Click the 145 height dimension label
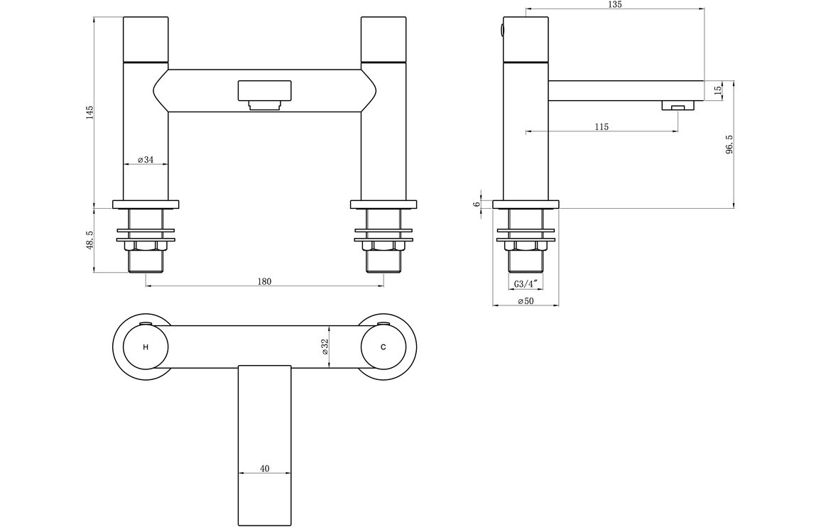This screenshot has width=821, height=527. click(89, 113)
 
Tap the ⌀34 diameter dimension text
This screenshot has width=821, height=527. click(146, 160)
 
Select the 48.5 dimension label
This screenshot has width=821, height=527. click(89, 241)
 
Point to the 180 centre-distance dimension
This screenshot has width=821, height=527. click(264, 281)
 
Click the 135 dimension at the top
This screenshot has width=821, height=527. click(615, 4)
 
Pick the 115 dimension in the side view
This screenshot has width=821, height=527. click(602, 126)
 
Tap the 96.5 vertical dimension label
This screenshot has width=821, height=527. click(729, 145)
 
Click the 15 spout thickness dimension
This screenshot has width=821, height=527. click(718, 89)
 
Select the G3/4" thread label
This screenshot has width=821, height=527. click(526, 284)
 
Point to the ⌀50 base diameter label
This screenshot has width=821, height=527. click(526, 301)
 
